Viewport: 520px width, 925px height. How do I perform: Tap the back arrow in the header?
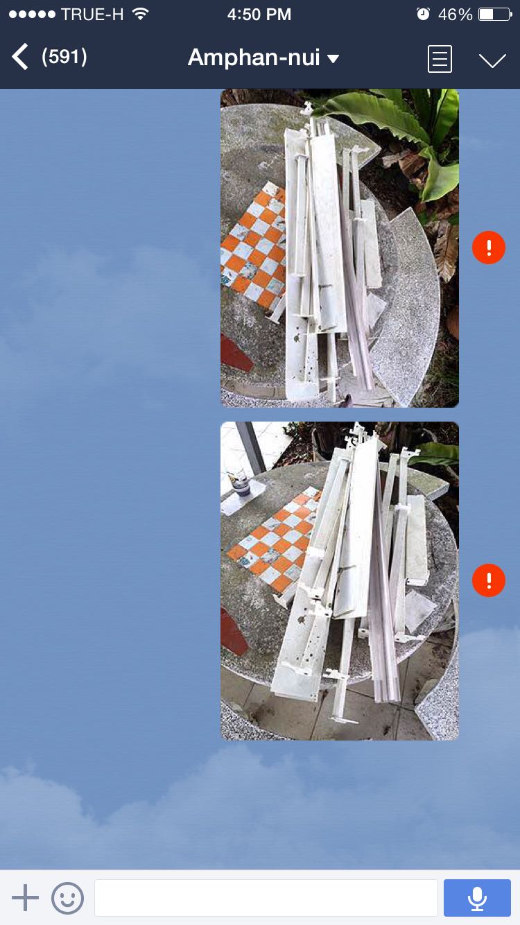click(x=20, y=57)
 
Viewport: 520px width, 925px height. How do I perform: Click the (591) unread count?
click(x=64, y=57)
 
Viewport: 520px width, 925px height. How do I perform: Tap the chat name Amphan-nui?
click(x=254, y=58)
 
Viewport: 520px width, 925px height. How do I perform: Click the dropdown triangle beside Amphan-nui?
click(x=333, y=59)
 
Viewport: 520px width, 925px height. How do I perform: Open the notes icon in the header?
click(x=440, y=59)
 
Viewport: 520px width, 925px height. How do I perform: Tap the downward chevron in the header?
click(x=492, y=60)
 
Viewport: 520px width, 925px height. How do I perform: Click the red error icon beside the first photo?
click(x=489, y=248)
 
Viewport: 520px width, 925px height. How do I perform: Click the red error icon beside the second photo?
click(x=489, y=580)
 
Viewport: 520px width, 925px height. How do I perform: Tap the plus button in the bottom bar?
click(x=25, y=897)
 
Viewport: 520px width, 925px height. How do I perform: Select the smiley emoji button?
click(x=67, y=898)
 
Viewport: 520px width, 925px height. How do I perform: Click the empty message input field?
click(x=266, y=898)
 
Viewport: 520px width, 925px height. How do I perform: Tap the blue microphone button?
click(x=477, y=898)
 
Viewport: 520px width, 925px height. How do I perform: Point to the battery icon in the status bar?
click(x=495, y=15)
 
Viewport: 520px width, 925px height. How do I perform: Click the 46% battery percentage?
click(x=455, y=15)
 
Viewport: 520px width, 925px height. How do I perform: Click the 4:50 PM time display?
click(x=259, y=15)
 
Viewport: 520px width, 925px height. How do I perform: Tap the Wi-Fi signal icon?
click(x=141, y=14)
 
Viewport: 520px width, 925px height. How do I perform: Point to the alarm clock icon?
click(x=423, y=14)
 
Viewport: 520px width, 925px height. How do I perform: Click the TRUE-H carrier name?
click(x=92, y=15)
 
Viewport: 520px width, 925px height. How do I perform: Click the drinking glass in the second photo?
click(x=238, y=479)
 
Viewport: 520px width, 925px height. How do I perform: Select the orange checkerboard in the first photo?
click(x=253, y=247)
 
